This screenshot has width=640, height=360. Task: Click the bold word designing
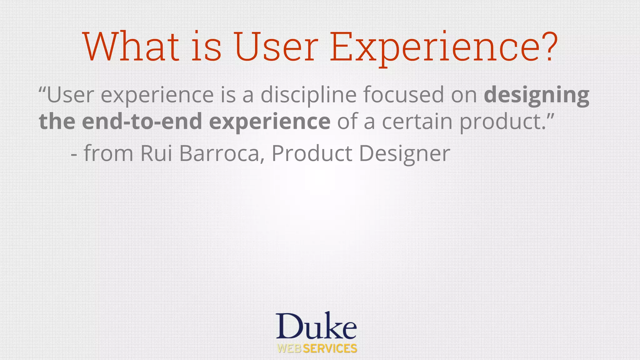point(536,95)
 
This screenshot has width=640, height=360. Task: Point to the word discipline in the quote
point(308,94)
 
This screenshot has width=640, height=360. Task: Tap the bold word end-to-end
point(142,121)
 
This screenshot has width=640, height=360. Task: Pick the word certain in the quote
point(417,121)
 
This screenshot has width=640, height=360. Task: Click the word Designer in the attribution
point(404,154)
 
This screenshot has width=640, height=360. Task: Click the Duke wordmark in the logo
point(316,326)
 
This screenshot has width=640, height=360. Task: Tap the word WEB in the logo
point(289,348)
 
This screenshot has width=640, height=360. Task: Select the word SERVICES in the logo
point(330,348)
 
